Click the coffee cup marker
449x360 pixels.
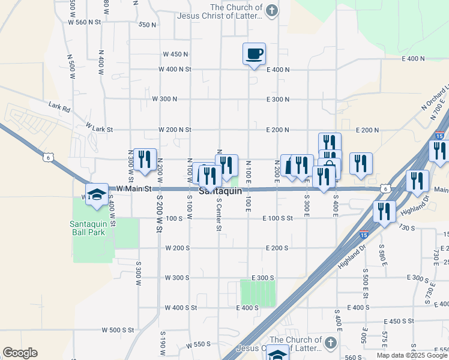[x=254, y=54]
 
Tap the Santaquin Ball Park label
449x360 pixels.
[x=92, y=227]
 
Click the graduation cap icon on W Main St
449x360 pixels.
[x=97, y=194]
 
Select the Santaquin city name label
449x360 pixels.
[x=220, y=191]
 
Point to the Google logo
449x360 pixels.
[x=20, y=353]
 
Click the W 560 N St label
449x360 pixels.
[x=84, y=22]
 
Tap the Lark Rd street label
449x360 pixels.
[x=60, y=109]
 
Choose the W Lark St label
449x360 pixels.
[x=99, y=128]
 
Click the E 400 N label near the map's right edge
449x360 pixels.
[x=413, y=59]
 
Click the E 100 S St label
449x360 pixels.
[x=277, y=219]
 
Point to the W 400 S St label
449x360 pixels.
[x=181, y=308]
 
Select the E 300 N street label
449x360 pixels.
[x=278, y=99]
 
